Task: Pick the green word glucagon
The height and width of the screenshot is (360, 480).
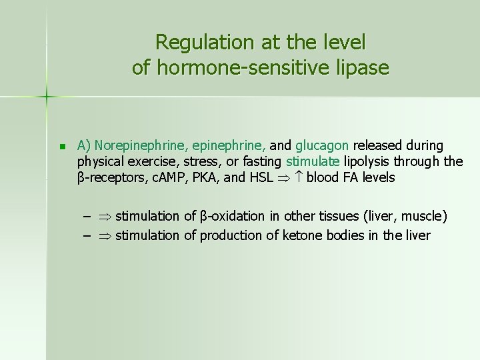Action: pos(322,145)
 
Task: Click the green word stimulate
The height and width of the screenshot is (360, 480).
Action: pos(313,161)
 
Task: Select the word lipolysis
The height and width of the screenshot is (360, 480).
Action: pos(367,161)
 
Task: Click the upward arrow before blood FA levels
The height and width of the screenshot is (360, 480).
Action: pos(298,177)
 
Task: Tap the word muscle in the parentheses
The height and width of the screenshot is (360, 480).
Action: pos(423,216)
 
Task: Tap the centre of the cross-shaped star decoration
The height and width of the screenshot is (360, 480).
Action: pos(47,97)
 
